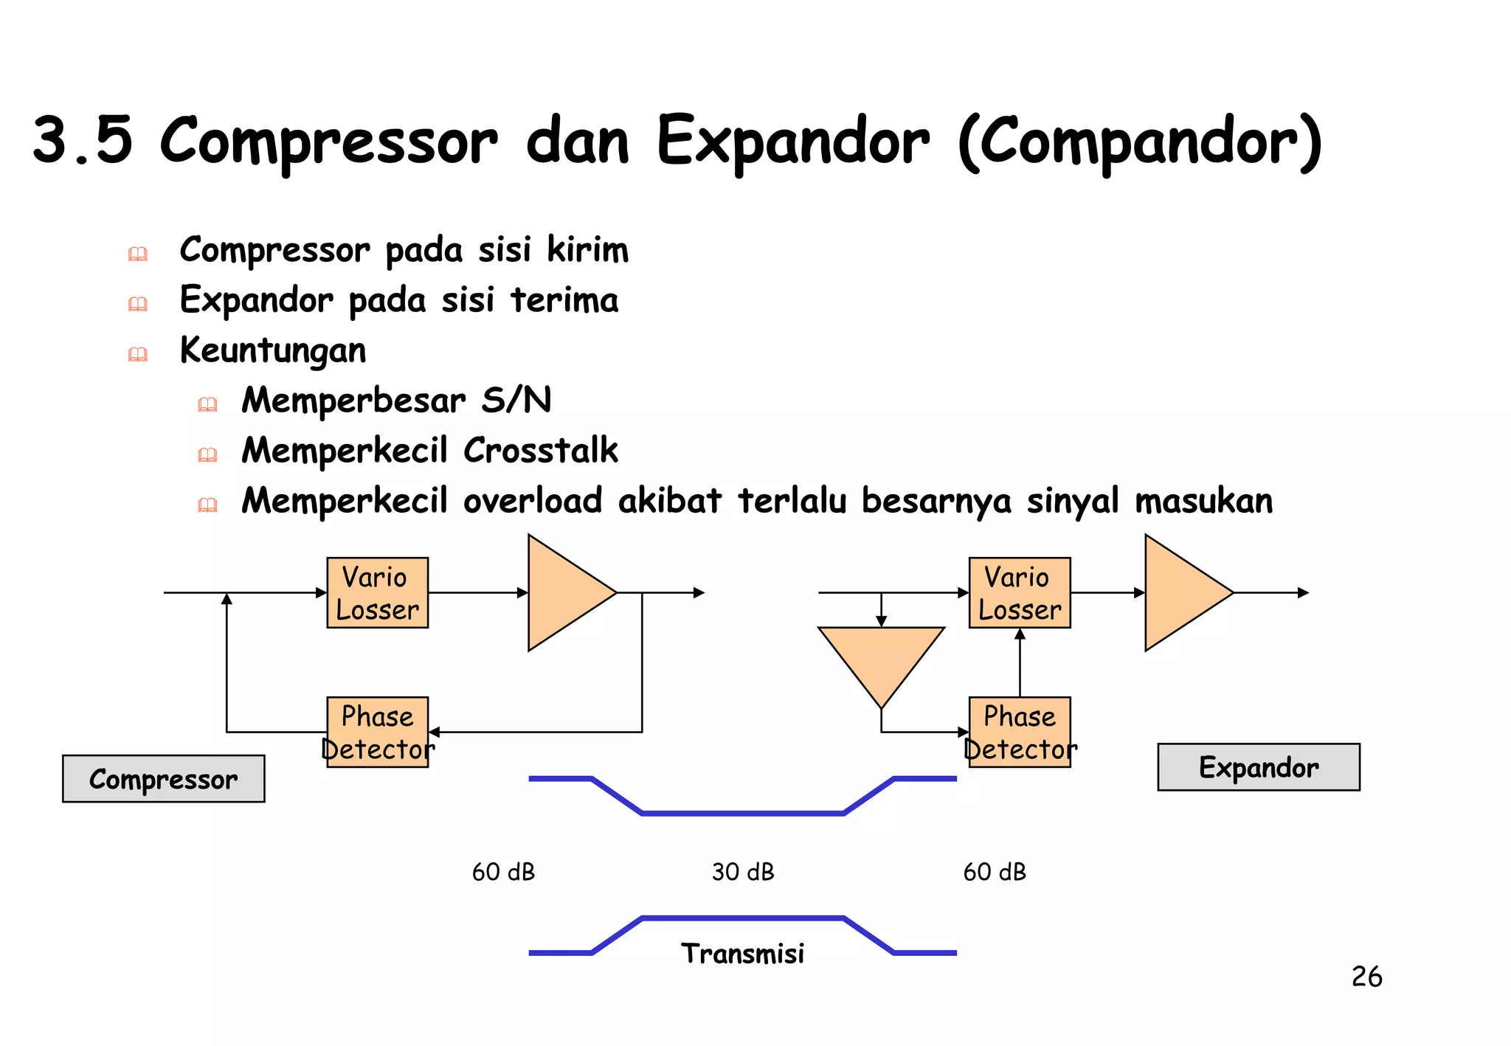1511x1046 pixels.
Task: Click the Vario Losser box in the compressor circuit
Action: [377, 592]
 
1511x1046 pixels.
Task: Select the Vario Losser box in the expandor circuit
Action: [1019, 592]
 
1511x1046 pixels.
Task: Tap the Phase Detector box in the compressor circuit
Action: [377, 732]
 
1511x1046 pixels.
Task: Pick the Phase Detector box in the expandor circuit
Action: [1019, 732]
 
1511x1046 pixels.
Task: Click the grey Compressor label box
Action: [163, 778]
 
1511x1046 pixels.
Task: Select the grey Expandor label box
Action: [1258, 767]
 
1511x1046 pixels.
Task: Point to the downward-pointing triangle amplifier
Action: [881, 659]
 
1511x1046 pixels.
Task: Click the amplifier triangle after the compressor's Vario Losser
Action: [564, 592]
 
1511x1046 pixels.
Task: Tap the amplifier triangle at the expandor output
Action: [1181, 592]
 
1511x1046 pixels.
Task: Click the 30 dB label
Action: [743, 872]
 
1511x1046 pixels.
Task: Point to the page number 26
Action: [1366, 977]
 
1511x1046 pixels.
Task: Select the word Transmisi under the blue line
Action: [742, 953]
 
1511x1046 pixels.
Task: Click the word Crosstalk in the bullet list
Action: [541, 450]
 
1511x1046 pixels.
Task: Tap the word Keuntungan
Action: [273, 350]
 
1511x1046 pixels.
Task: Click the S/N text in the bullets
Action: [516, 400]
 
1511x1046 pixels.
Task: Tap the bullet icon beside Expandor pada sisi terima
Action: [138, 304]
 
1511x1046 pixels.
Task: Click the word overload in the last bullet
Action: [533, 500]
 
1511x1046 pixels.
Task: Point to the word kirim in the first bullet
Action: [587, 249]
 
